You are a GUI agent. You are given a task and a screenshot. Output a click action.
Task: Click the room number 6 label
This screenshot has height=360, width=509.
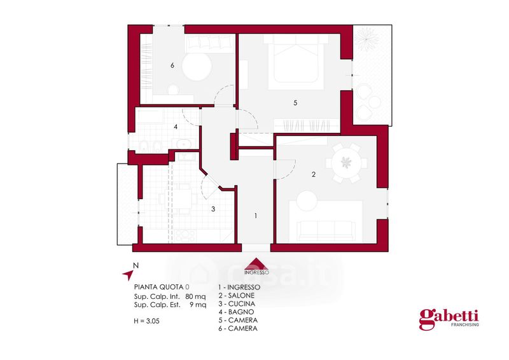172,66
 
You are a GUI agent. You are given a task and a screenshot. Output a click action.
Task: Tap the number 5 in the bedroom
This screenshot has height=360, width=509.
295,102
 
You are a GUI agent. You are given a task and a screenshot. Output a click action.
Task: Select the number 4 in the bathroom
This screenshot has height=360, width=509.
176,127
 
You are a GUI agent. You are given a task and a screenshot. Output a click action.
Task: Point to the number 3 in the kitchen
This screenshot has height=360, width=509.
213,209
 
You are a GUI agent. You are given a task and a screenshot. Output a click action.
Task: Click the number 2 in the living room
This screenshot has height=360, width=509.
313,174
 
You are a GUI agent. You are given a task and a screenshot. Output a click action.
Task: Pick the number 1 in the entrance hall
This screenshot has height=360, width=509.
256,215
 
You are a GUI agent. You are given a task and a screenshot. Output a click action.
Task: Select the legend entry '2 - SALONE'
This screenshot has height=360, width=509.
236,295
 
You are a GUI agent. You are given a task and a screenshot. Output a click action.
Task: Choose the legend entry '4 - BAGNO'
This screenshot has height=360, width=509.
236,312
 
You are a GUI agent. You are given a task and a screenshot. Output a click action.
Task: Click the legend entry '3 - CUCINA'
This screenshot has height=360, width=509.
237,304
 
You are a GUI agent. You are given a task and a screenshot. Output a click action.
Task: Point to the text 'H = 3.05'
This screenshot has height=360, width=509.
147,321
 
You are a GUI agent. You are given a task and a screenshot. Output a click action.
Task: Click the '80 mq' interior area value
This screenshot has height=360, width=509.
195,296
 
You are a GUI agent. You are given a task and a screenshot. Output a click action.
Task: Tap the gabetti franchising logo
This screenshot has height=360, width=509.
449,319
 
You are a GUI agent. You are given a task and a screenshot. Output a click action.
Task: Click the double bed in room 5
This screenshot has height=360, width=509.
295,62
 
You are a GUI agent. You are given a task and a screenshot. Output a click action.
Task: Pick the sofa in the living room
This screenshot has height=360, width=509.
326,231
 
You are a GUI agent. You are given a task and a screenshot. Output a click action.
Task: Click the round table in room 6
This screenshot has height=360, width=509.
197,67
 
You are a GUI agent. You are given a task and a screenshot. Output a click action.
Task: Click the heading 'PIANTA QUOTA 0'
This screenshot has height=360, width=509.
162,287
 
